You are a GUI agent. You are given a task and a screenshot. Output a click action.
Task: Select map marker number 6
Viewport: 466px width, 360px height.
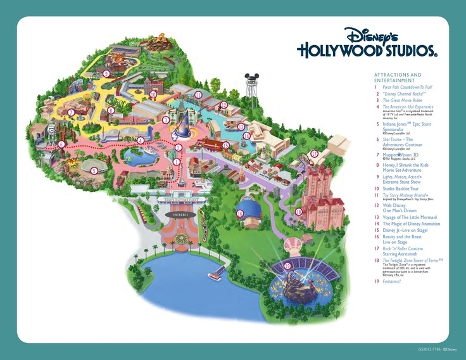tap(61, 145)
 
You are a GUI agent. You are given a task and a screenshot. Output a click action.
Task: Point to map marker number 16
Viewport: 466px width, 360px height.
tap(240, 214)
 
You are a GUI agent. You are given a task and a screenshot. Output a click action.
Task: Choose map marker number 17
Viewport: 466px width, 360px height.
tap(313, 153)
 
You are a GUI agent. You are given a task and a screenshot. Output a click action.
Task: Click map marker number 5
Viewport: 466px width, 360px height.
tap(94, 170)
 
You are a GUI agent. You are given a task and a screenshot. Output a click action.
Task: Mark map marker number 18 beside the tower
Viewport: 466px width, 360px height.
tap(298, 211)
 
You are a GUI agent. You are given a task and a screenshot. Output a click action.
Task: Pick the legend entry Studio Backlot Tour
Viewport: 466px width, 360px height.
tap(403, 188)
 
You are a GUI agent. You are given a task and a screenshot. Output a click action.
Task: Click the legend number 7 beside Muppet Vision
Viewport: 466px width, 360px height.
tap(377, 155)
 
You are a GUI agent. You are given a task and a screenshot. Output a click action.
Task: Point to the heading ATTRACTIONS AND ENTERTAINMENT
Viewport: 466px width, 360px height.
tap(398, 77)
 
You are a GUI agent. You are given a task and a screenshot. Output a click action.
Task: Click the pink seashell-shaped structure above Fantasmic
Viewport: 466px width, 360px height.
tap(293, 245)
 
